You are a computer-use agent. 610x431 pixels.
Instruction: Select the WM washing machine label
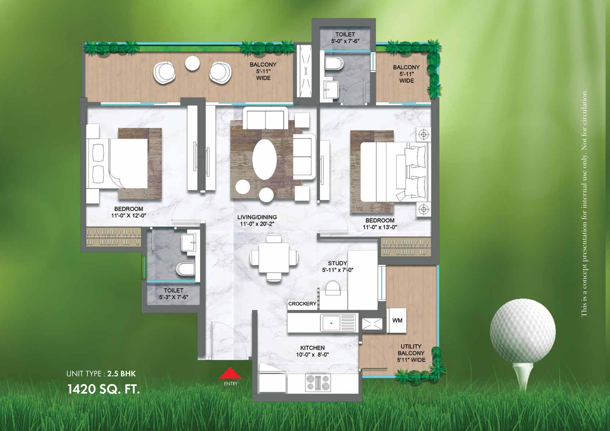click(x=397, y=321)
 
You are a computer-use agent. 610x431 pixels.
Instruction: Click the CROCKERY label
click(x=302, y=304)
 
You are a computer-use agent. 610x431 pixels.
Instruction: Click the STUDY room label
click(x=337, y=263)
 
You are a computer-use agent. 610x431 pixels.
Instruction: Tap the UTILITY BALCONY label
click(x=411, y=350)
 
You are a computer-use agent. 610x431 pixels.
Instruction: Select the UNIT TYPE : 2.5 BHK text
click(x=101, y=374)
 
